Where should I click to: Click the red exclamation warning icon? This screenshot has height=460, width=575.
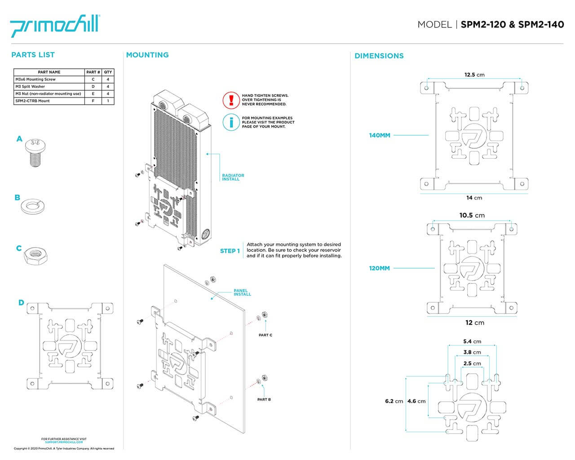pyautogui.click(x=231, y=100)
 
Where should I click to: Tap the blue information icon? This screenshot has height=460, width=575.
pyautogui.click(x=231, y=122)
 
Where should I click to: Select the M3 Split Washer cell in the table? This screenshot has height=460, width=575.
pyautogui.click(x=49, y=86)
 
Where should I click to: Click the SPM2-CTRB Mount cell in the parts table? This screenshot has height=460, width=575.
pyautogui.click(x=49, y=101)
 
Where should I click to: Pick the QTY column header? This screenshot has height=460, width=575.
pyautogui.click(x=108, y=72)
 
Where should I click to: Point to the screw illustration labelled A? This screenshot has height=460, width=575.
pyautogui.click(x=36, y=152)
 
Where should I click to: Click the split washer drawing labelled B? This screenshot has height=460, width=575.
pyautogui.click(x=33, y=206)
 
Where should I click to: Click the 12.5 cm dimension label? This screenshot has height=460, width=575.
pyautogui.click(x=474, y=75)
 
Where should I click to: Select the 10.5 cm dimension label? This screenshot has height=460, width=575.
pyautogui.click(x=472, y=215)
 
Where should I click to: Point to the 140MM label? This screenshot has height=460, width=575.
pyautogui.click(x=380, y=135)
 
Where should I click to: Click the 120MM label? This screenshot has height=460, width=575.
pyautogui.click(x=380, y=268)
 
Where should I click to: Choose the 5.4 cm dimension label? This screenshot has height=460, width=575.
pyautogui.click(x=472, y=341)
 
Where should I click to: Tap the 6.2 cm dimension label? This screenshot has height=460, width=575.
pyautogui.click(x=394, y=401)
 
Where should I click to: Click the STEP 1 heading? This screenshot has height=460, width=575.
pyautogui.click(x=230, y=251)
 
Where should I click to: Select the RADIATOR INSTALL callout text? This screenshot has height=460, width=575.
pyautogui.click(x=233, y=177)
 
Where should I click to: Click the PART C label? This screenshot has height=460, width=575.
pyautogui.click(x=265, y=335)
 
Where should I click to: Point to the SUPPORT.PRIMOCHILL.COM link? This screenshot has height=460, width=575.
pyautogui.click(x=64, y=442)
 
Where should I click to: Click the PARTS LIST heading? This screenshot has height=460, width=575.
pyautogui.click(x=33, y=55)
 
